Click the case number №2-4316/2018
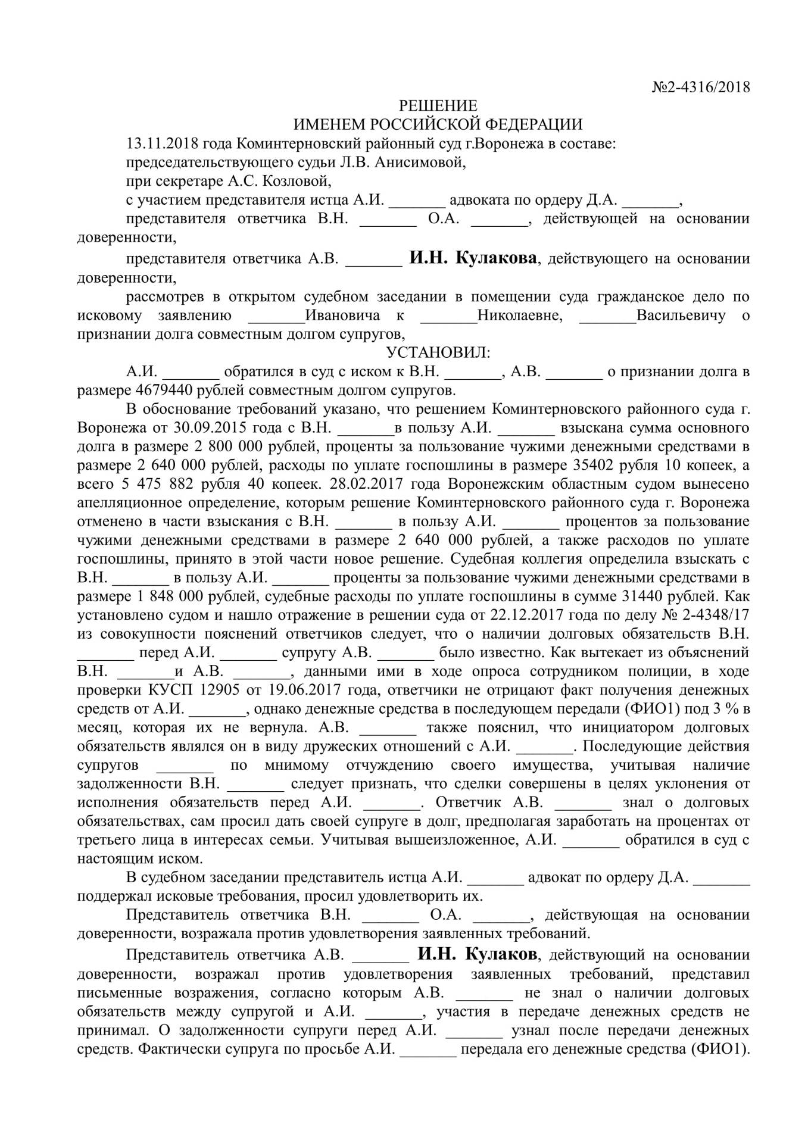[701, 88]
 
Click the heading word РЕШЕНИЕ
[438, 106]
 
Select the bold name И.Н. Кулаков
[477, 954]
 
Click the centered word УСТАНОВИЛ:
[439, 352]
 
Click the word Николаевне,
[520, 315]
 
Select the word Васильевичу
[681, 315]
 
